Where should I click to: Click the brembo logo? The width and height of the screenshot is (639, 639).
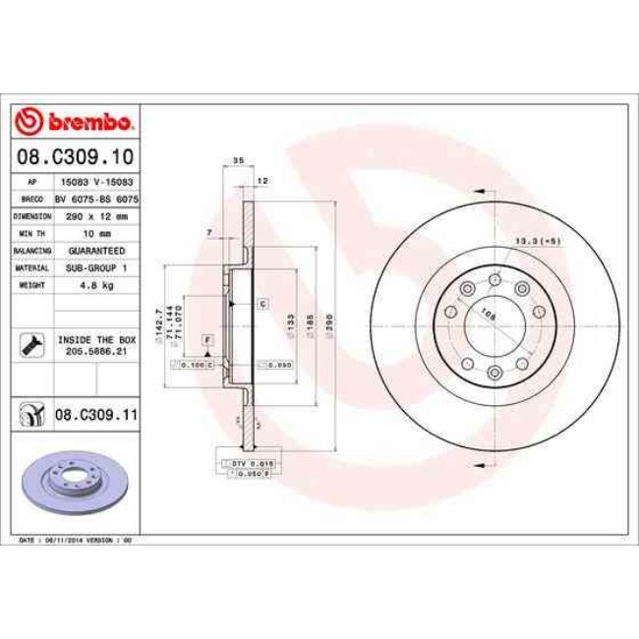point(75,121)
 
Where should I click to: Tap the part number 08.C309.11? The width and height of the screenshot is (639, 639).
point(95,416)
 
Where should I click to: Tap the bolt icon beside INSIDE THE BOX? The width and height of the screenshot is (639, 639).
point(30,345)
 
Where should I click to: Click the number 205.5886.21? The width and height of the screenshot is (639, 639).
point(96,351)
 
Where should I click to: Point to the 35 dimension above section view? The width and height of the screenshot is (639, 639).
point(237,160)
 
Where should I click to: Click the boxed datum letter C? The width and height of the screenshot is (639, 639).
point(263,304)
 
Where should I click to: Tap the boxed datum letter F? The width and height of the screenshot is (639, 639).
point(207,339)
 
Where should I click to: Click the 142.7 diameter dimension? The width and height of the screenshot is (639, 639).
point(157,324)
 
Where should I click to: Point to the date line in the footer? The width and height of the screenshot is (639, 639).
point(75,540)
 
